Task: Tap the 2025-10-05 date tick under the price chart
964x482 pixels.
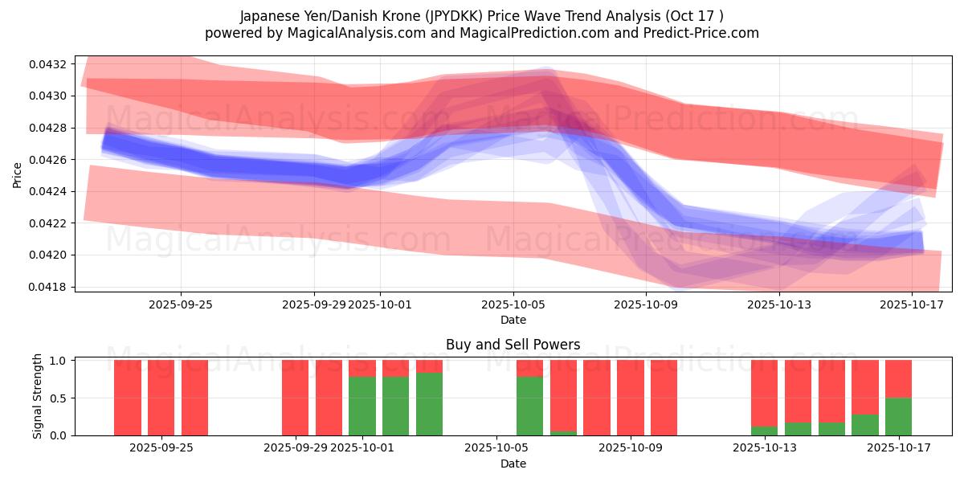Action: [513, 304]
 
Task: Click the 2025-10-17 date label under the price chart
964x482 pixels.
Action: [912, 304]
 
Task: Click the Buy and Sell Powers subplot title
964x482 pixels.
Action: [513, 345]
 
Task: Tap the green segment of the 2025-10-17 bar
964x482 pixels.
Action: [898, 416]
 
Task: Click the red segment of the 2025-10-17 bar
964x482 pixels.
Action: [898, 378]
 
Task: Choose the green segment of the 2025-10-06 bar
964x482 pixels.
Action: [529, 406]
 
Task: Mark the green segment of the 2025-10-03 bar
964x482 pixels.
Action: [429, 403]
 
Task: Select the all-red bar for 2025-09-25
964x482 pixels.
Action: [194, 398]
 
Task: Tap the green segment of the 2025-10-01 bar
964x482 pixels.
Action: [362, 406]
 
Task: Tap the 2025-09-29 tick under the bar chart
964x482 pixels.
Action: [296, 447]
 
